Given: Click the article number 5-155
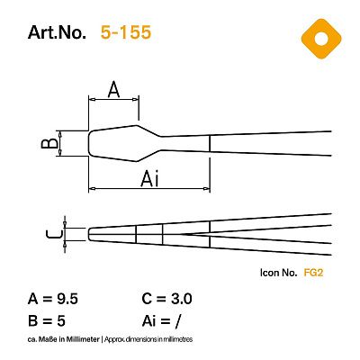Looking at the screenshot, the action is tap(126, 32).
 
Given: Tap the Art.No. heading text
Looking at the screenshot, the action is tap(57, 32).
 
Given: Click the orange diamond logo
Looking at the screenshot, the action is tap(321, 39).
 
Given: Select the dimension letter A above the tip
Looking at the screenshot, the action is tap(113, 89).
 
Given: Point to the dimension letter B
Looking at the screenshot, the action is tap(49, 143).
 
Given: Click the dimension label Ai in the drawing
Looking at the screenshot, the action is tap(149, 179).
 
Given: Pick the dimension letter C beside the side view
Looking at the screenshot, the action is tap(55, 234).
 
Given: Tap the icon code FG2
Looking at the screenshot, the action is tap(313, 273).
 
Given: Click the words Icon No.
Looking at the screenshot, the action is tap(279, 273).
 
